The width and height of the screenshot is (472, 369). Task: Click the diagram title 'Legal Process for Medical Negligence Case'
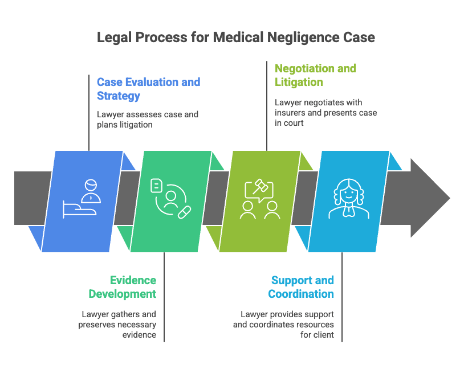click(x=235, y=38)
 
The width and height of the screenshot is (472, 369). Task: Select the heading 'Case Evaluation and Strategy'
click(x=148, y=89)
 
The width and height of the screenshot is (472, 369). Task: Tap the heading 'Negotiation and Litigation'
click(x=315, y=75)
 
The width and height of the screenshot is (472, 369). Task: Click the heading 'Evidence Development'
click(x=122, y=287)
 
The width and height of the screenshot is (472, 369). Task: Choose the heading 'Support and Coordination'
click(x=302, y=287)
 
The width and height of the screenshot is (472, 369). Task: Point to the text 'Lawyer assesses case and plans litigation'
click(x=147, y=119)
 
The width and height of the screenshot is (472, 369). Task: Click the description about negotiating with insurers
click(x=325, y=112)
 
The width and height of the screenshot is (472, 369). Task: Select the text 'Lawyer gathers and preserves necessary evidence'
click(x=119, y=324)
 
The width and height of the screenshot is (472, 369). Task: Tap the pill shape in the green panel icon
click(x=185, y=212)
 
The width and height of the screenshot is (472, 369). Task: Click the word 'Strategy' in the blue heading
click(x=118, y=96)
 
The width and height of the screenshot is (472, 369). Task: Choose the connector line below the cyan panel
click(x=342, y=296)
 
